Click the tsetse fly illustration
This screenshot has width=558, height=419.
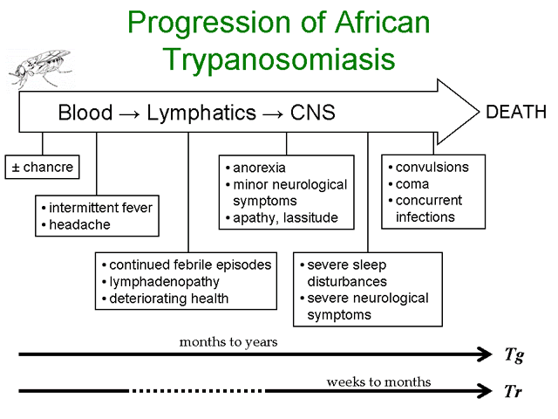coord(40,68)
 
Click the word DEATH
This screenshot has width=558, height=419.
coord(516,112)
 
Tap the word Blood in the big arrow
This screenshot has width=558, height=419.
coord(85,113)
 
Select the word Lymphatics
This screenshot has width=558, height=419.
coord(201,113)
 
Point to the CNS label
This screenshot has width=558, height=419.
coord(312,113)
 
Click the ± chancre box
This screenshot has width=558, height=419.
coord(43,167)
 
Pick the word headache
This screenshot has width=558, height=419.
coord(79,224)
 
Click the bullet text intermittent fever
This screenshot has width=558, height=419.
coord(101,208)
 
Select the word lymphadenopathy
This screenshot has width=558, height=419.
coord(165,282)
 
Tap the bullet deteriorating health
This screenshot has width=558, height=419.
coord(168,299)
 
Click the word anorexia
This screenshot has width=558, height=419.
coord(259,168)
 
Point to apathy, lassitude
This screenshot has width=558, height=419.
coord(285,217)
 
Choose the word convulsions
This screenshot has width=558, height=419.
coord(432,167)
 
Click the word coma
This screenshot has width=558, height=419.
coord(412,184)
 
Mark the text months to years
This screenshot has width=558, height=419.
coord(228,342)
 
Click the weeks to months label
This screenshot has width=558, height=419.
coord(378,382)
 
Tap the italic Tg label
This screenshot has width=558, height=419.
coord(514,355)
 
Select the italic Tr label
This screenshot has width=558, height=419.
coord(514,391)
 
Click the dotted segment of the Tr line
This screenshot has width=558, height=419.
coord(198,391)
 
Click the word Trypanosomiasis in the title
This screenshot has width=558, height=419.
coord(279,59)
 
